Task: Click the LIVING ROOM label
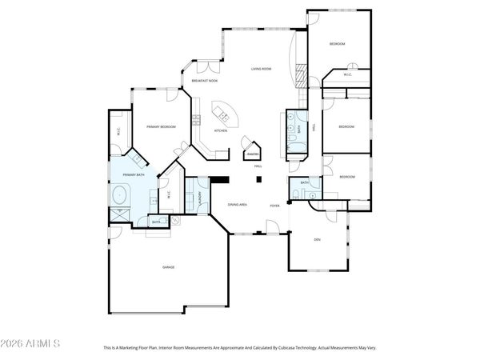pyautogui.click(x=262, y=70)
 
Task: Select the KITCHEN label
pyautogui.click(x=221, y=130)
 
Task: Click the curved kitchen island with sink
pyautogui.click(x=222, y=113)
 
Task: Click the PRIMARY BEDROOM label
pyautogui.click(x=161, y=127)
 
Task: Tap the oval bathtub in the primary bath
pyautogui.click(x=121, y=194)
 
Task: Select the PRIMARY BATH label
pyautogui.click(x=134, y=174)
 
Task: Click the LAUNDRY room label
pyautogui.click(x=200, y=197)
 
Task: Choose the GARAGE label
pyautogui.click(x=168, y=267)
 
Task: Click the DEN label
pyautogui.click(x=317, y=240)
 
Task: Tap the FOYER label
pyautogui.click(x=274, y=206)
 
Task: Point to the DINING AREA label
pyautogui.click(x=237, y=206)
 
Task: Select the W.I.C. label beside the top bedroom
pyautogui.click(x=348, y=75)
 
